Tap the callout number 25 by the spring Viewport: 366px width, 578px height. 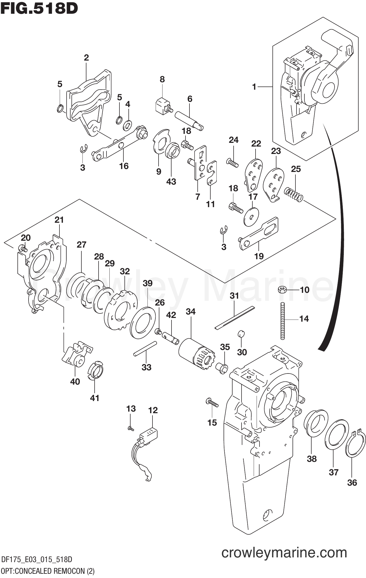[x=296, y=169]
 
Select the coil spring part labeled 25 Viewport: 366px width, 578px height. [x=293, y=194]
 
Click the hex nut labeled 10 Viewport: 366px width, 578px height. [x=282, y=289]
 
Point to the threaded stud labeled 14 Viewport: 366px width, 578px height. [x=282, y=321]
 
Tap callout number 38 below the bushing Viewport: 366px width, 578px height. [x=312, y=458]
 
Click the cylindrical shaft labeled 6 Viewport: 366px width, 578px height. [x=190, y=120]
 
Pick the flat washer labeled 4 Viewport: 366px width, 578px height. [x=128, y=125]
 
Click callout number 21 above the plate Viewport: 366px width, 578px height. [x=59, y=220]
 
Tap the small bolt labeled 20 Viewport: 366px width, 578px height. [x=22, y=248]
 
